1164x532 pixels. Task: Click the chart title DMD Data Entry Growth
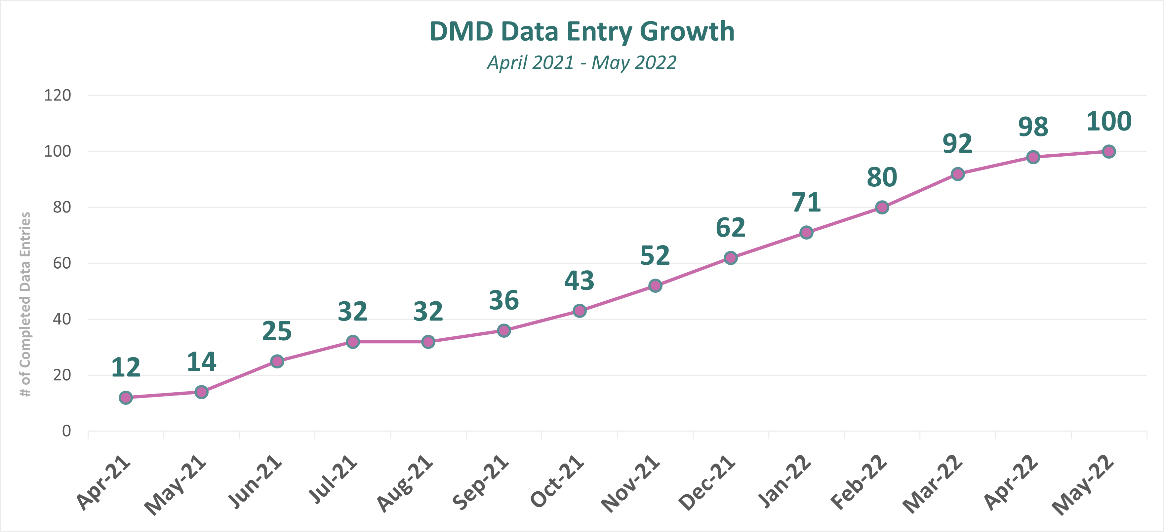[582, 32]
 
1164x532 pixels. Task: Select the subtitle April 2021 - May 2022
[582, 62]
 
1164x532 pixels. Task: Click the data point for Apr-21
[126, 398]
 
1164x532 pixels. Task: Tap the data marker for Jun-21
[277, 361]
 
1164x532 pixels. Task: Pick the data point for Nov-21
[655, 285]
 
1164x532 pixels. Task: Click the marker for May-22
[1108, 151]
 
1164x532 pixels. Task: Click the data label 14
[202, 362]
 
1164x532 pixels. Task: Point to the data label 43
[579, 281]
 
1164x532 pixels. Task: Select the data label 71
[806, 202]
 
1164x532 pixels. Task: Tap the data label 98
[1033, 127]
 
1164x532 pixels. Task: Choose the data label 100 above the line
[1108, 122]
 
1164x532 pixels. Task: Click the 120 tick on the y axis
[58, 95]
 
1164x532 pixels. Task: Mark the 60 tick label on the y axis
[62, 263]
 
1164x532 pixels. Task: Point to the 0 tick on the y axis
[66, 431]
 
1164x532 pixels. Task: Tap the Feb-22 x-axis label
[859, 482]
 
